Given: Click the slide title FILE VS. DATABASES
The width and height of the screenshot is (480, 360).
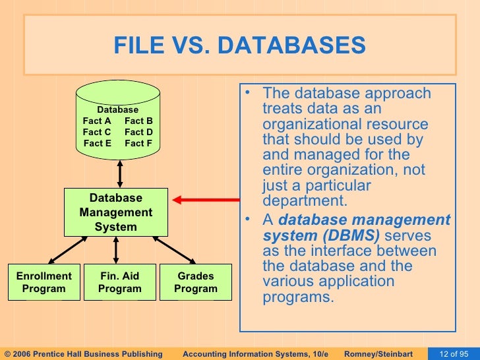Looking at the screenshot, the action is pos(239,46).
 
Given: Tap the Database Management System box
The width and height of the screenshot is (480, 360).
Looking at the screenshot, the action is pos(116,212).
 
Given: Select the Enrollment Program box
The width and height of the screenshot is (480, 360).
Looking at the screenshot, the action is pos(44,282).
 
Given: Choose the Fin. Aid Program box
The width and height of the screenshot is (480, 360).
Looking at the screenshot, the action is pos(119,282).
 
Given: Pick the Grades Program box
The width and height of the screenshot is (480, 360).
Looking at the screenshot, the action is pos(195,282).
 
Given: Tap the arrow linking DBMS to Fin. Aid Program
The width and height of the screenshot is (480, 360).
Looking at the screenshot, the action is pos(116,250).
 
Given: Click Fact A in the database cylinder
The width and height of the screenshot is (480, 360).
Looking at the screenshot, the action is pos(97,121).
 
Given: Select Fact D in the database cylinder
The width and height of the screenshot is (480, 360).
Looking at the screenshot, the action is pos(138,132).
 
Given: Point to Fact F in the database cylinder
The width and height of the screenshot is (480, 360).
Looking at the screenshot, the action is pos(138,143).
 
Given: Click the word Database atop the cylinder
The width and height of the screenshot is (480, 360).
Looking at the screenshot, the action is pos(118,109).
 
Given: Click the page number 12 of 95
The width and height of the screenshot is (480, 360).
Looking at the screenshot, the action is pos(454,354).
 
